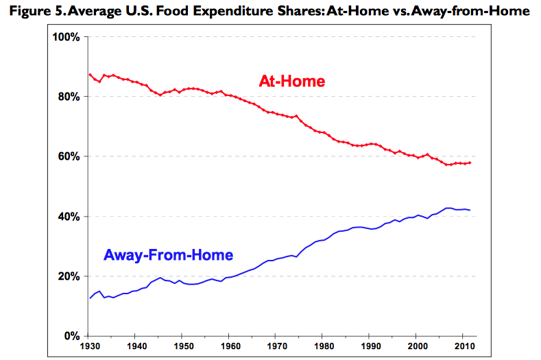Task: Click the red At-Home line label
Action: (x=291, y=82)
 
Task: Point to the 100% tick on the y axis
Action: (x=67, y=37)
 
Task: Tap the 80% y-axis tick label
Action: (x=69, y=97)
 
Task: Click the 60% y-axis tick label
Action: (x=69, y=156)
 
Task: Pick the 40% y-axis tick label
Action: (x=69, y=217)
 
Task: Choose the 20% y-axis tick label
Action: (x=69, y=276)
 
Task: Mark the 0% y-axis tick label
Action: (x=72, y=336)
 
